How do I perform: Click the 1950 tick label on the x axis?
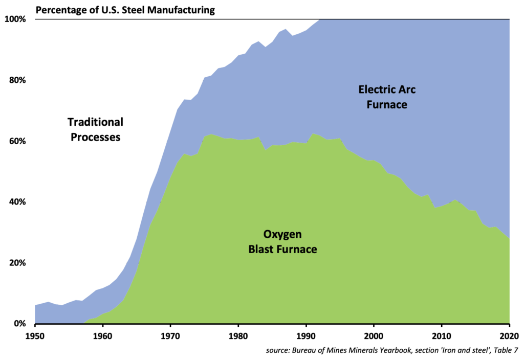pos(35,335)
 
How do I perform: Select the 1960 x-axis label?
pos(102,335)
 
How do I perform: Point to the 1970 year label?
pos(170,335)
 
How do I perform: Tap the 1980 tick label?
pos(238,335)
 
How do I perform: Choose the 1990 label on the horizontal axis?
pos(306,335)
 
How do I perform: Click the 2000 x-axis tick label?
pos(374,335)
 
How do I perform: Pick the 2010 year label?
pos(442,335)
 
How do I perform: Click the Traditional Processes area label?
pos(96,130)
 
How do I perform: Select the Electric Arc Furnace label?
pos(386,97)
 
